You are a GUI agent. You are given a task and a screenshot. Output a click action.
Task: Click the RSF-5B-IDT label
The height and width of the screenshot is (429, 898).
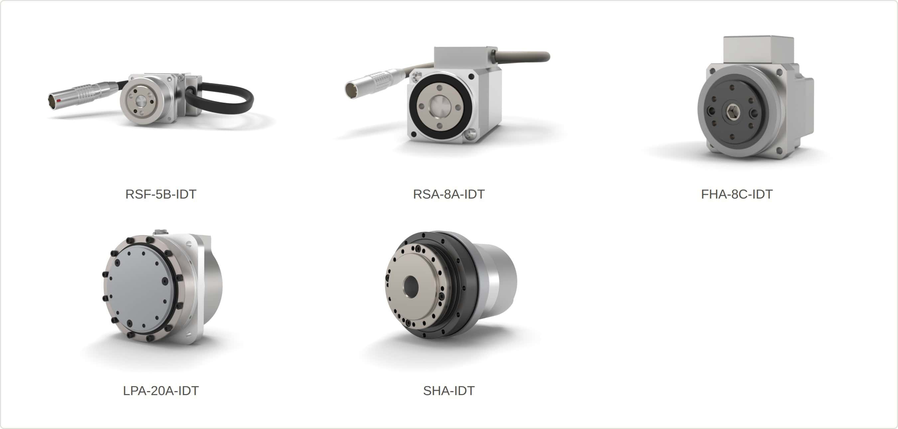pyautogui.click(x=161, y=194)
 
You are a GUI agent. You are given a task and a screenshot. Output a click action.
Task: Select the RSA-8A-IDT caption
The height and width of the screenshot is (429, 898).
pyautogui.click(x=449, y=194)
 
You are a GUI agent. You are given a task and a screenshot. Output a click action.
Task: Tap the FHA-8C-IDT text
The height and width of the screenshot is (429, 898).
pyautogui.click(x=737, y=194)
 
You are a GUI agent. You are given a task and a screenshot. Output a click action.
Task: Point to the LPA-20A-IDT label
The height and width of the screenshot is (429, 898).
pyautogui.click(x=161, y=391)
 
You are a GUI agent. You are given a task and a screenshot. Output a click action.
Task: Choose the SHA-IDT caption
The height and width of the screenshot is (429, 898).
pyautogui.click(x=449, y=391)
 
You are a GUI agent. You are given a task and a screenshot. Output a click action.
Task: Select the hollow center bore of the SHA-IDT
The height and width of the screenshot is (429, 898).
pyautogui.click(x=411, y=286)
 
